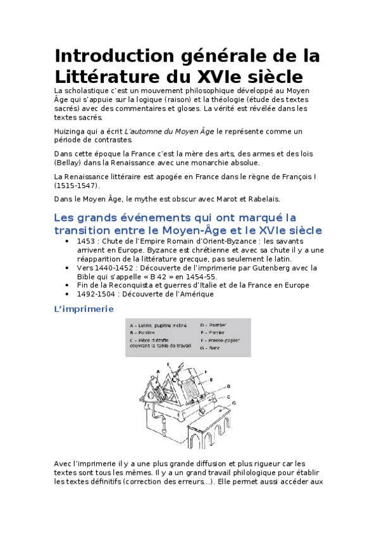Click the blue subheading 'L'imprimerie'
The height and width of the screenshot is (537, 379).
(x=84, y=310)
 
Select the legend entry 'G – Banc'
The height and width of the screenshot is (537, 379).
(x=211, y=348)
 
